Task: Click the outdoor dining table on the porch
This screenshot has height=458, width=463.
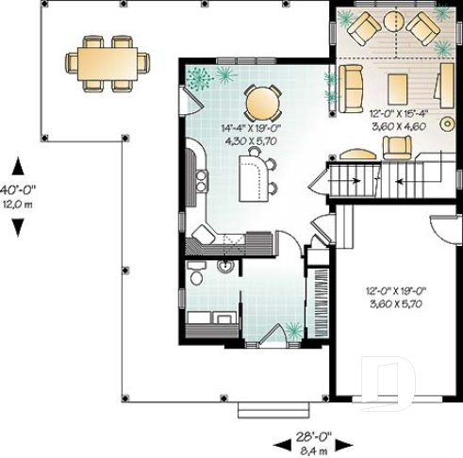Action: coord(107,63)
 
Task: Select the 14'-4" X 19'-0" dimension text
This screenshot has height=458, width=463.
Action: coord(242,127)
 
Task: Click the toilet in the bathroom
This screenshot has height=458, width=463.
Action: coord(196,274)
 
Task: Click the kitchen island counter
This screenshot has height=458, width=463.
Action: coord(253,179)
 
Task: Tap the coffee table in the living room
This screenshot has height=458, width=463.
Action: coord(397,87)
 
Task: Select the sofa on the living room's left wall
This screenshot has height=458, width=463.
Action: coord(351,85)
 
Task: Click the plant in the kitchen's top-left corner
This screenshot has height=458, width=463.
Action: coord(197,77)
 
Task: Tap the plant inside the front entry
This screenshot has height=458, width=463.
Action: coord(294,329)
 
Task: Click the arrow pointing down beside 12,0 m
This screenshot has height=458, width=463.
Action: coord(18,226)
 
